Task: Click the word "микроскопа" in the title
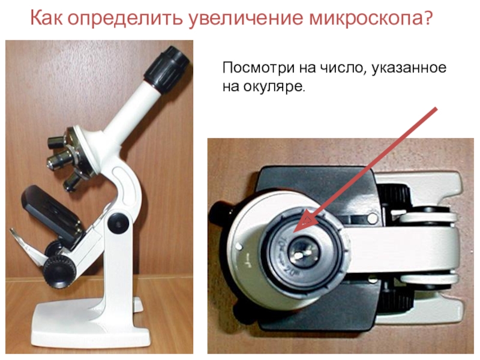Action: point(363,18)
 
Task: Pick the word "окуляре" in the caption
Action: point(275,86)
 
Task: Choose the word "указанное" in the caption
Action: point(409,68)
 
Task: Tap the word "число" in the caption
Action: point(344,67)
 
